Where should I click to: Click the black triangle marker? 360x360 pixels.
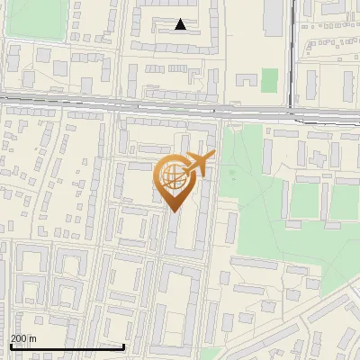181,24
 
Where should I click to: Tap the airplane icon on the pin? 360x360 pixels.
198,164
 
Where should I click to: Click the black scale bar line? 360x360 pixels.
67,346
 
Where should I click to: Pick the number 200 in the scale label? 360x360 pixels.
18,338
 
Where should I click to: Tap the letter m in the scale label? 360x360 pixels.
32,338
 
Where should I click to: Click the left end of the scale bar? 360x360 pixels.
11,346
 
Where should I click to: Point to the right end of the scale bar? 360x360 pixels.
124,346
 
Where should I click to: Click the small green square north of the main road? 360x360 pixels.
269,80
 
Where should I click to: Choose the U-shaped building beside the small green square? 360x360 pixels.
246,83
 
